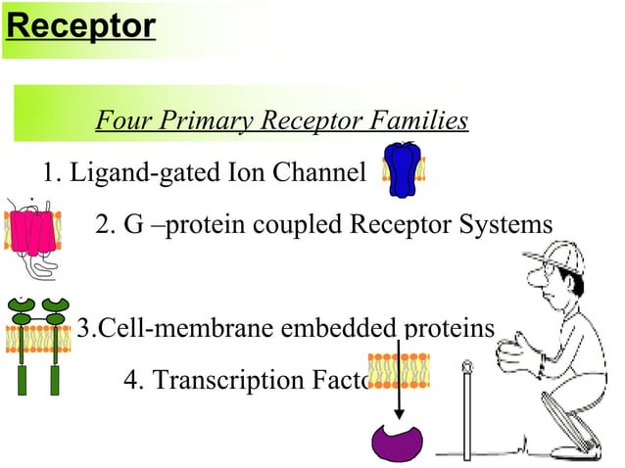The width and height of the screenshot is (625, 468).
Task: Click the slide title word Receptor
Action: (x=79, y=26)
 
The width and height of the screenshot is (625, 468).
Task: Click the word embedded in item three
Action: (x=347, y=327)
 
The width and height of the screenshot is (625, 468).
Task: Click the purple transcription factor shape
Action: (x=398, y=439)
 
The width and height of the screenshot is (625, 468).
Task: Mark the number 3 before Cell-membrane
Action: (x=83, y=327)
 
